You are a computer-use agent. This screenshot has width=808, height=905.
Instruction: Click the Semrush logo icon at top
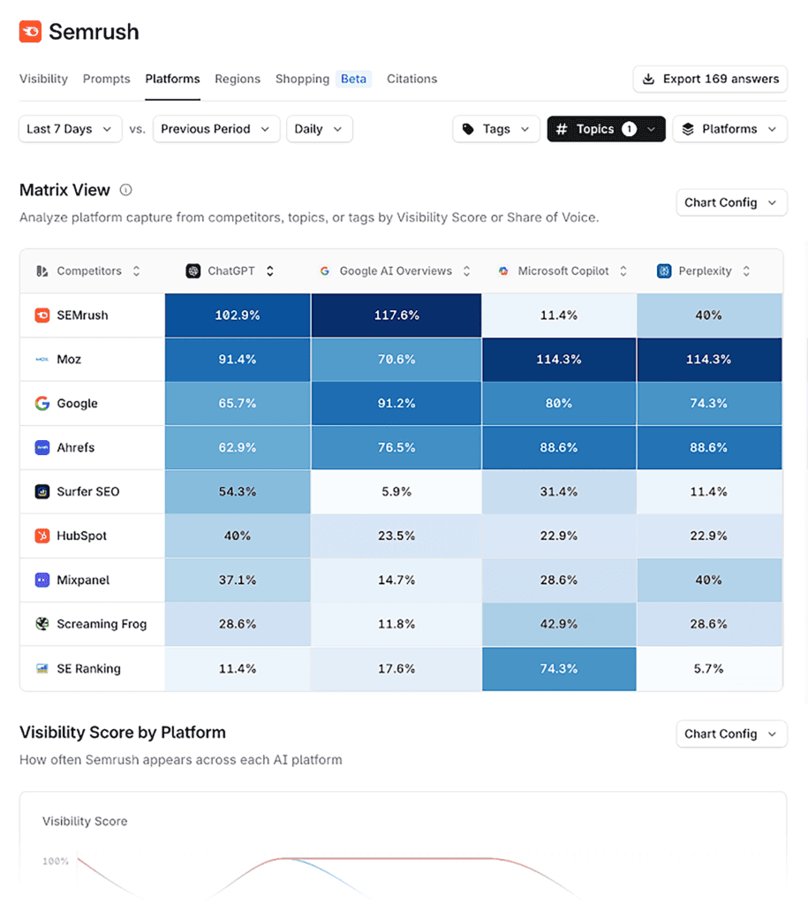click(x=30, y=32)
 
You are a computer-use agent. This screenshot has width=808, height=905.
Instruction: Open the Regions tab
click(x=238, y=79)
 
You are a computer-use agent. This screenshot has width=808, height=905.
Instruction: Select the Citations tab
click(x=412, y=79)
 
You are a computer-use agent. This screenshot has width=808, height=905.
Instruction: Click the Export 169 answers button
click(x=710, y=79)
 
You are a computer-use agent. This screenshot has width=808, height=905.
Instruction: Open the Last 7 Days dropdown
click(x=70, y=129)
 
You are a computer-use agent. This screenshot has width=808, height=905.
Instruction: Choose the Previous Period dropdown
click(x=216, y=129)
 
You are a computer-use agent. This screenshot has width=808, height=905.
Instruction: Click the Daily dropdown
click(x=319, y=129)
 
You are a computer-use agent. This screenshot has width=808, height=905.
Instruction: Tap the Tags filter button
click(x=496, y=129)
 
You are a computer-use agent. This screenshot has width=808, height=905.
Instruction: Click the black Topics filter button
click(x=606, y=129)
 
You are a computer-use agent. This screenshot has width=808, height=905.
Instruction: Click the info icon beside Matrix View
click(x=126, y=190)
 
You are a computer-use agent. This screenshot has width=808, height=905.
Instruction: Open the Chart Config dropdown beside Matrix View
click(x=730, y=202)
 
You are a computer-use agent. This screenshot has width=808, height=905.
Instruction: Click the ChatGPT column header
click(x=230, y=271)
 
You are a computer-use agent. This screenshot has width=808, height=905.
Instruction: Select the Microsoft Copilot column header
click(x=563, y=271)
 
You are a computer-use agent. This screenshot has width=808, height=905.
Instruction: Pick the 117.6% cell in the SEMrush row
click(x=396, y=316)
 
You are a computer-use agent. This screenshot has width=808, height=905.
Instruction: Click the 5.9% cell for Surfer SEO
click(x=396, y=492)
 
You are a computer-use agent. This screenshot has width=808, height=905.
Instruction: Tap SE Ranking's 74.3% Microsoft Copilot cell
click(x=558, y=669)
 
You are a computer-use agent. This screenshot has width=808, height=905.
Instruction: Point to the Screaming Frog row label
click(x=102, y=625)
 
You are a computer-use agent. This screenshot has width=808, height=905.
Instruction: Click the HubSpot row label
click(x=82, y=536)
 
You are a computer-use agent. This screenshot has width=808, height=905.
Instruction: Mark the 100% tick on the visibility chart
click(x=55, y=861)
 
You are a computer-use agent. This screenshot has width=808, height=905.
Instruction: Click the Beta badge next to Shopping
click(x=353, y=79)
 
